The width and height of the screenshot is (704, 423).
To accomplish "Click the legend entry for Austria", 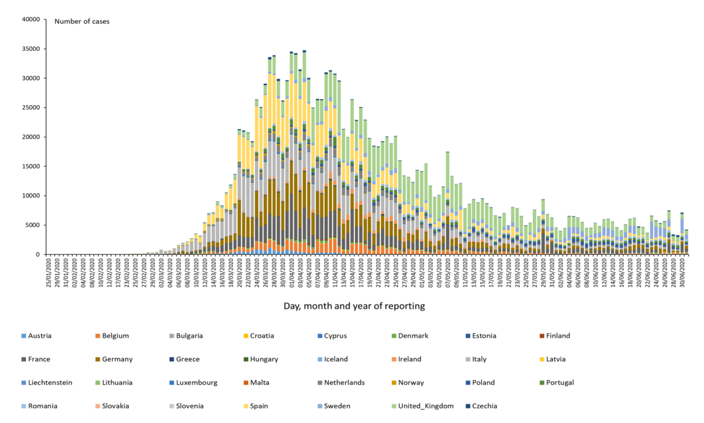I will point(39,335).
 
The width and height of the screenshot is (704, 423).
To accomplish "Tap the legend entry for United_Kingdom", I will point(425,406).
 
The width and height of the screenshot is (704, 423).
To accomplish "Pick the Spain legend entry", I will point(260,406).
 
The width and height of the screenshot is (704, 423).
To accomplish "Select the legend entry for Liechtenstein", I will point(50,383).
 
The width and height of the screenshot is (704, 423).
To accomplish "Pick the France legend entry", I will point(39,359).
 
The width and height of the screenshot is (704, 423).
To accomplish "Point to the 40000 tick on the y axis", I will point(30,19).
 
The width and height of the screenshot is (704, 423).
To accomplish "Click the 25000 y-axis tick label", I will point(30,108).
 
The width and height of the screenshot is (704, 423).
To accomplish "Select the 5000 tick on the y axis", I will point(32,225).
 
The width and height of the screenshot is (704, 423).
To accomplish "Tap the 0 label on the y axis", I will point(38,255).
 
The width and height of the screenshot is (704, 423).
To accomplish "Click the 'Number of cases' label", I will point(82,22).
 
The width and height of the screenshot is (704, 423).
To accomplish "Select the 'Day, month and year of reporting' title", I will point(354,306).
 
